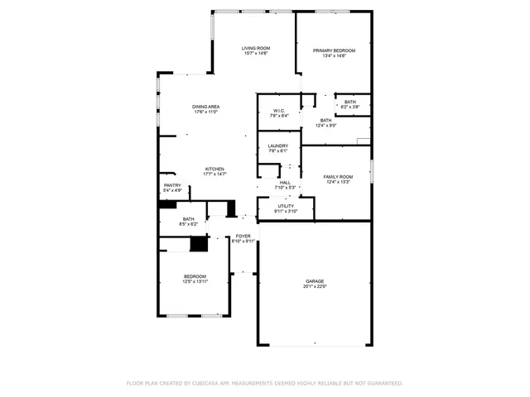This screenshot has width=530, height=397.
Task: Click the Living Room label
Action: (x=256, y=48)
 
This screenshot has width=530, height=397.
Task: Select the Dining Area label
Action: (x=205, y=107)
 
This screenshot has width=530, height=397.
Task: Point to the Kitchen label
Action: (x=214, y=169)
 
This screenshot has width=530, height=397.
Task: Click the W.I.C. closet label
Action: (x=279, y=111)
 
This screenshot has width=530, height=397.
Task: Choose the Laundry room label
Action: (x=277, y=146)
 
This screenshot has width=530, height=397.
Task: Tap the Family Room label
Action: (x=338, y=176)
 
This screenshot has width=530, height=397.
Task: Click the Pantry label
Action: (x=172, y=185)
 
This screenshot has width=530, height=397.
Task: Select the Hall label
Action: (x=285, y=182)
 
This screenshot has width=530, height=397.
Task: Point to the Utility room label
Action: (x=286, y=206)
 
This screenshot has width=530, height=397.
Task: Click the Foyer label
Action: (x=243, y=237)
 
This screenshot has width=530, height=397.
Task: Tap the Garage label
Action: (x=315, y=281)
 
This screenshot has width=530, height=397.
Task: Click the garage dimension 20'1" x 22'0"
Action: (x=315, y=287)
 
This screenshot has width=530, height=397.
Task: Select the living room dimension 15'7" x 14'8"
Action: (x=256, y=54)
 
